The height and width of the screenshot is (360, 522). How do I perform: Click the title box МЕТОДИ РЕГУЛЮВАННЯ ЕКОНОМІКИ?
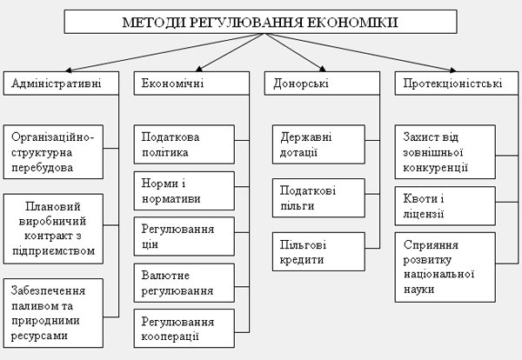pos(261,22)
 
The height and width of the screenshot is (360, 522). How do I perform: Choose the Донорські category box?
pos(322,83)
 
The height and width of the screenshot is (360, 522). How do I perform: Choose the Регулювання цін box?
pos(184,237)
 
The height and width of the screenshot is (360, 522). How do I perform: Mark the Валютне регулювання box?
pos(184,283)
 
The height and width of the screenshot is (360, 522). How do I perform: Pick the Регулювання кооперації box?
pos(184,328)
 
